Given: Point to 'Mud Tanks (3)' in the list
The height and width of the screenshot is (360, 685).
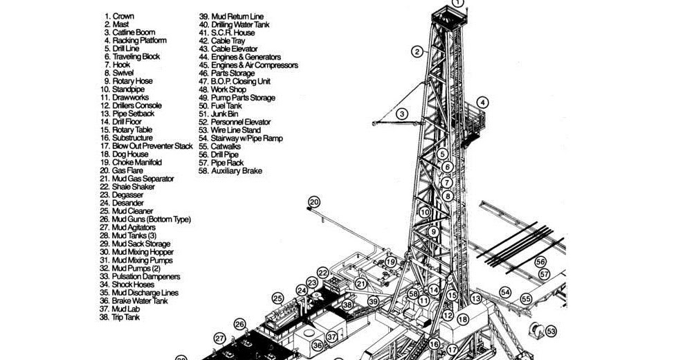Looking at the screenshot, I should (128, 236).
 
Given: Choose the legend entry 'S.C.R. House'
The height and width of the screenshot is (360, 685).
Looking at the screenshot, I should (227, 33).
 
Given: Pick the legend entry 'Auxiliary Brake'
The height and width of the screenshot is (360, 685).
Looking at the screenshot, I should (230, 171).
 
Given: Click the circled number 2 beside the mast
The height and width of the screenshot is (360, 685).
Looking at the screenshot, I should (417, 51).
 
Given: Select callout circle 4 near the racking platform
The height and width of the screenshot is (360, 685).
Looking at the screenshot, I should (482, 102).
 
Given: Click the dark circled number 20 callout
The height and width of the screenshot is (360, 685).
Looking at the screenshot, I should (314, 202).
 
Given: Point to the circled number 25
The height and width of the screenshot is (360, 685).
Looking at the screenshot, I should (277, 298).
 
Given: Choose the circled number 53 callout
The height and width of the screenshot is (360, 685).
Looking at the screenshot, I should (551, 332).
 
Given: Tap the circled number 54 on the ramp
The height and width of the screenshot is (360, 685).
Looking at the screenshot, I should (505, 292).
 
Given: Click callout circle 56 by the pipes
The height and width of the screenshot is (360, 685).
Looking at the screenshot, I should (540, 262).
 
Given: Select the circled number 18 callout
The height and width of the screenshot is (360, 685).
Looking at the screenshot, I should (463, 319).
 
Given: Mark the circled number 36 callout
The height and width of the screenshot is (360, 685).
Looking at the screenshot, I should (317, 344).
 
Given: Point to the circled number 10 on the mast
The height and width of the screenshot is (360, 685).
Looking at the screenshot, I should (424, 213).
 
